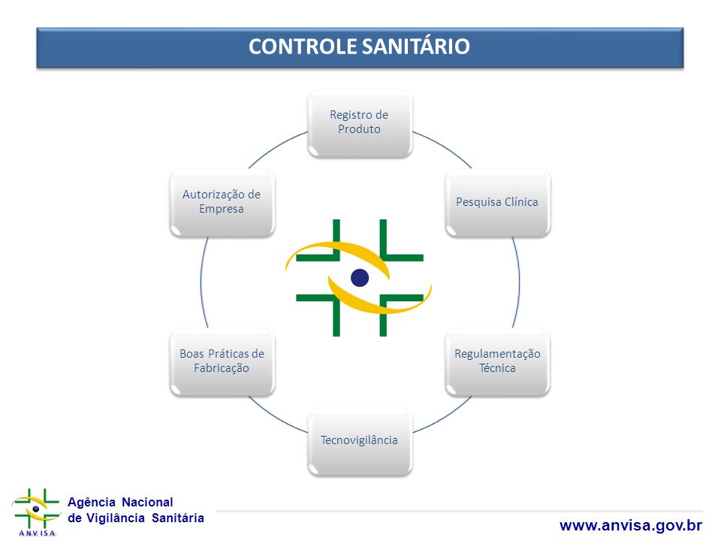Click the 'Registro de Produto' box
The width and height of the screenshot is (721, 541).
(360, 124)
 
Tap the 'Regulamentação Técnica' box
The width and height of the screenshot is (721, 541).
(497, 362)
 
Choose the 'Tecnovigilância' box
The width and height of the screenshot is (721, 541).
(360, 442)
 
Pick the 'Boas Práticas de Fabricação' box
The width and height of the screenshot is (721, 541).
(222, 362)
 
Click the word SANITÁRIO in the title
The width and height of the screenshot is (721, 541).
(415, 47)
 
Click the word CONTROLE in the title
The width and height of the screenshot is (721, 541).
(303, 47)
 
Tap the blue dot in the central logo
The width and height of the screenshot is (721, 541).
(360, 278)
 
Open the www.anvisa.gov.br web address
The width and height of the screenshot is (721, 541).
(631, 525)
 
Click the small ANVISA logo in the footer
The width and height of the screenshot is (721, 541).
(36, 512)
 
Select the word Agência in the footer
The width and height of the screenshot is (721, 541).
(92, 502)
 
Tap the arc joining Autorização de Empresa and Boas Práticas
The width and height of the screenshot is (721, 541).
(201, 283)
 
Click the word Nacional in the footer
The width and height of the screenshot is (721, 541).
(147, 502)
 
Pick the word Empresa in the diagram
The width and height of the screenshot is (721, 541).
(222, 209)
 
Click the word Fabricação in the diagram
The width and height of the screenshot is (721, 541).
(222, 368)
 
